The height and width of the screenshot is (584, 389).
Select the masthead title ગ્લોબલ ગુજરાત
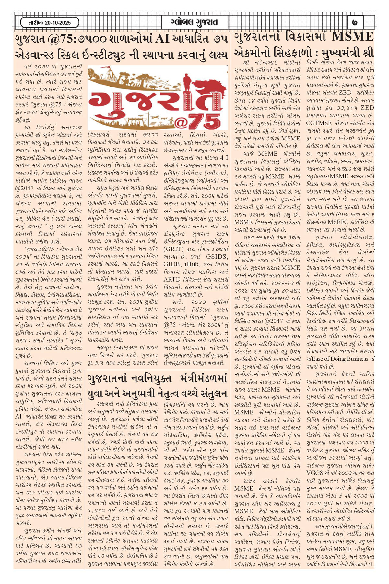[x=194, y=22]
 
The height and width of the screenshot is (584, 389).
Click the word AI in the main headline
[x=162, y=39]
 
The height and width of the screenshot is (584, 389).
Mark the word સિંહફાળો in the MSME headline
[x=291, y=53]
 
